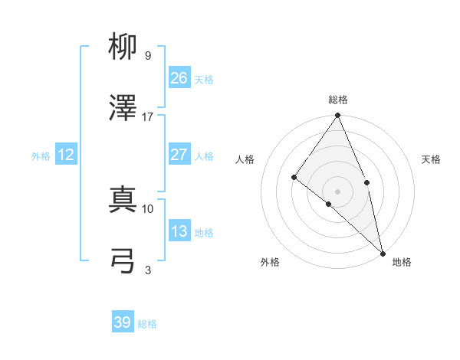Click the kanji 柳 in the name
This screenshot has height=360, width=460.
pyautogui.click(x=123, y=47)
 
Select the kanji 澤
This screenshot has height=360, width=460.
pyautogui.click(x=123, y=109)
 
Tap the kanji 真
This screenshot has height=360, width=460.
pyautogui.click(x=123, y=199)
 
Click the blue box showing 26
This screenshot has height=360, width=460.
pyautogui.click(x=179, y=77)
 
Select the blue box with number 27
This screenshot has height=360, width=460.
pyautogui.click(x=179, y=155)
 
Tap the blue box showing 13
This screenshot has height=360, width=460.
pyautogui.click(x=179, y=231)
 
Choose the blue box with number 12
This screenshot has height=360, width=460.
pyautogui.click(x=66, y=155)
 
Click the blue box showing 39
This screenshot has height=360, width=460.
pyautogui.click(x=123, y=322)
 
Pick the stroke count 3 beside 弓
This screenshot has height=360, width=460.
pyautogui.click(x=147, y=270)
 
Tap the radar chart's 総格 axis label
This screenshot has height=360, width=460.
pyautogui.click(x=338, y=100)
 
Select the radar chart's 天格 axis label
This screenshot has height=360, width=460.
pyautogui.click(x=432, y=159)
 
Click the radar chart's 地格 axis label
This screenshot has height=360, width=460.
pyautogui.click(x=402, y=262)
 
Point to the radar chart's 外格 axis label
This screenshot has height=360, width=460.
pyautogui.click(x=270, y=262)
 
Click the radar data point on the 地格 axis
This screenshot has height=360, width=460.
pyautogui.click(x=383, y=253)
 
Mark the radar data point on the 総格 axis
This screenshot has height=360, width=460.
pyautogui.click(x=337, y=116)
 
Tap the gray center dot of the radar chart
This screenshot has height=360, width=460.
pyautogui.click(x=337, y=191)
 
